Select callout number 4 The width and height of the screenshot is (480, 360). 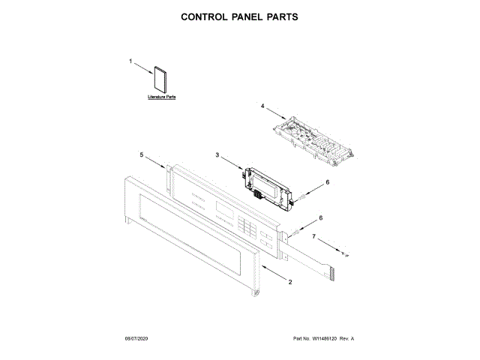pos(262,107)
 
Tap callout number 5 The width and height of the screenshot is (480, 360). pos(141,154)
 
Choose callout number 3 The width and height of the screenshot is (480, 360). pos(217,155)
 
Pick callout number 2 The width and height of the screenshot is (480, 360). pos(290,281)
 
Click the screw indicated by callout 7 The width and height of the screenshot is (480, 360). pos(345,253)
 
